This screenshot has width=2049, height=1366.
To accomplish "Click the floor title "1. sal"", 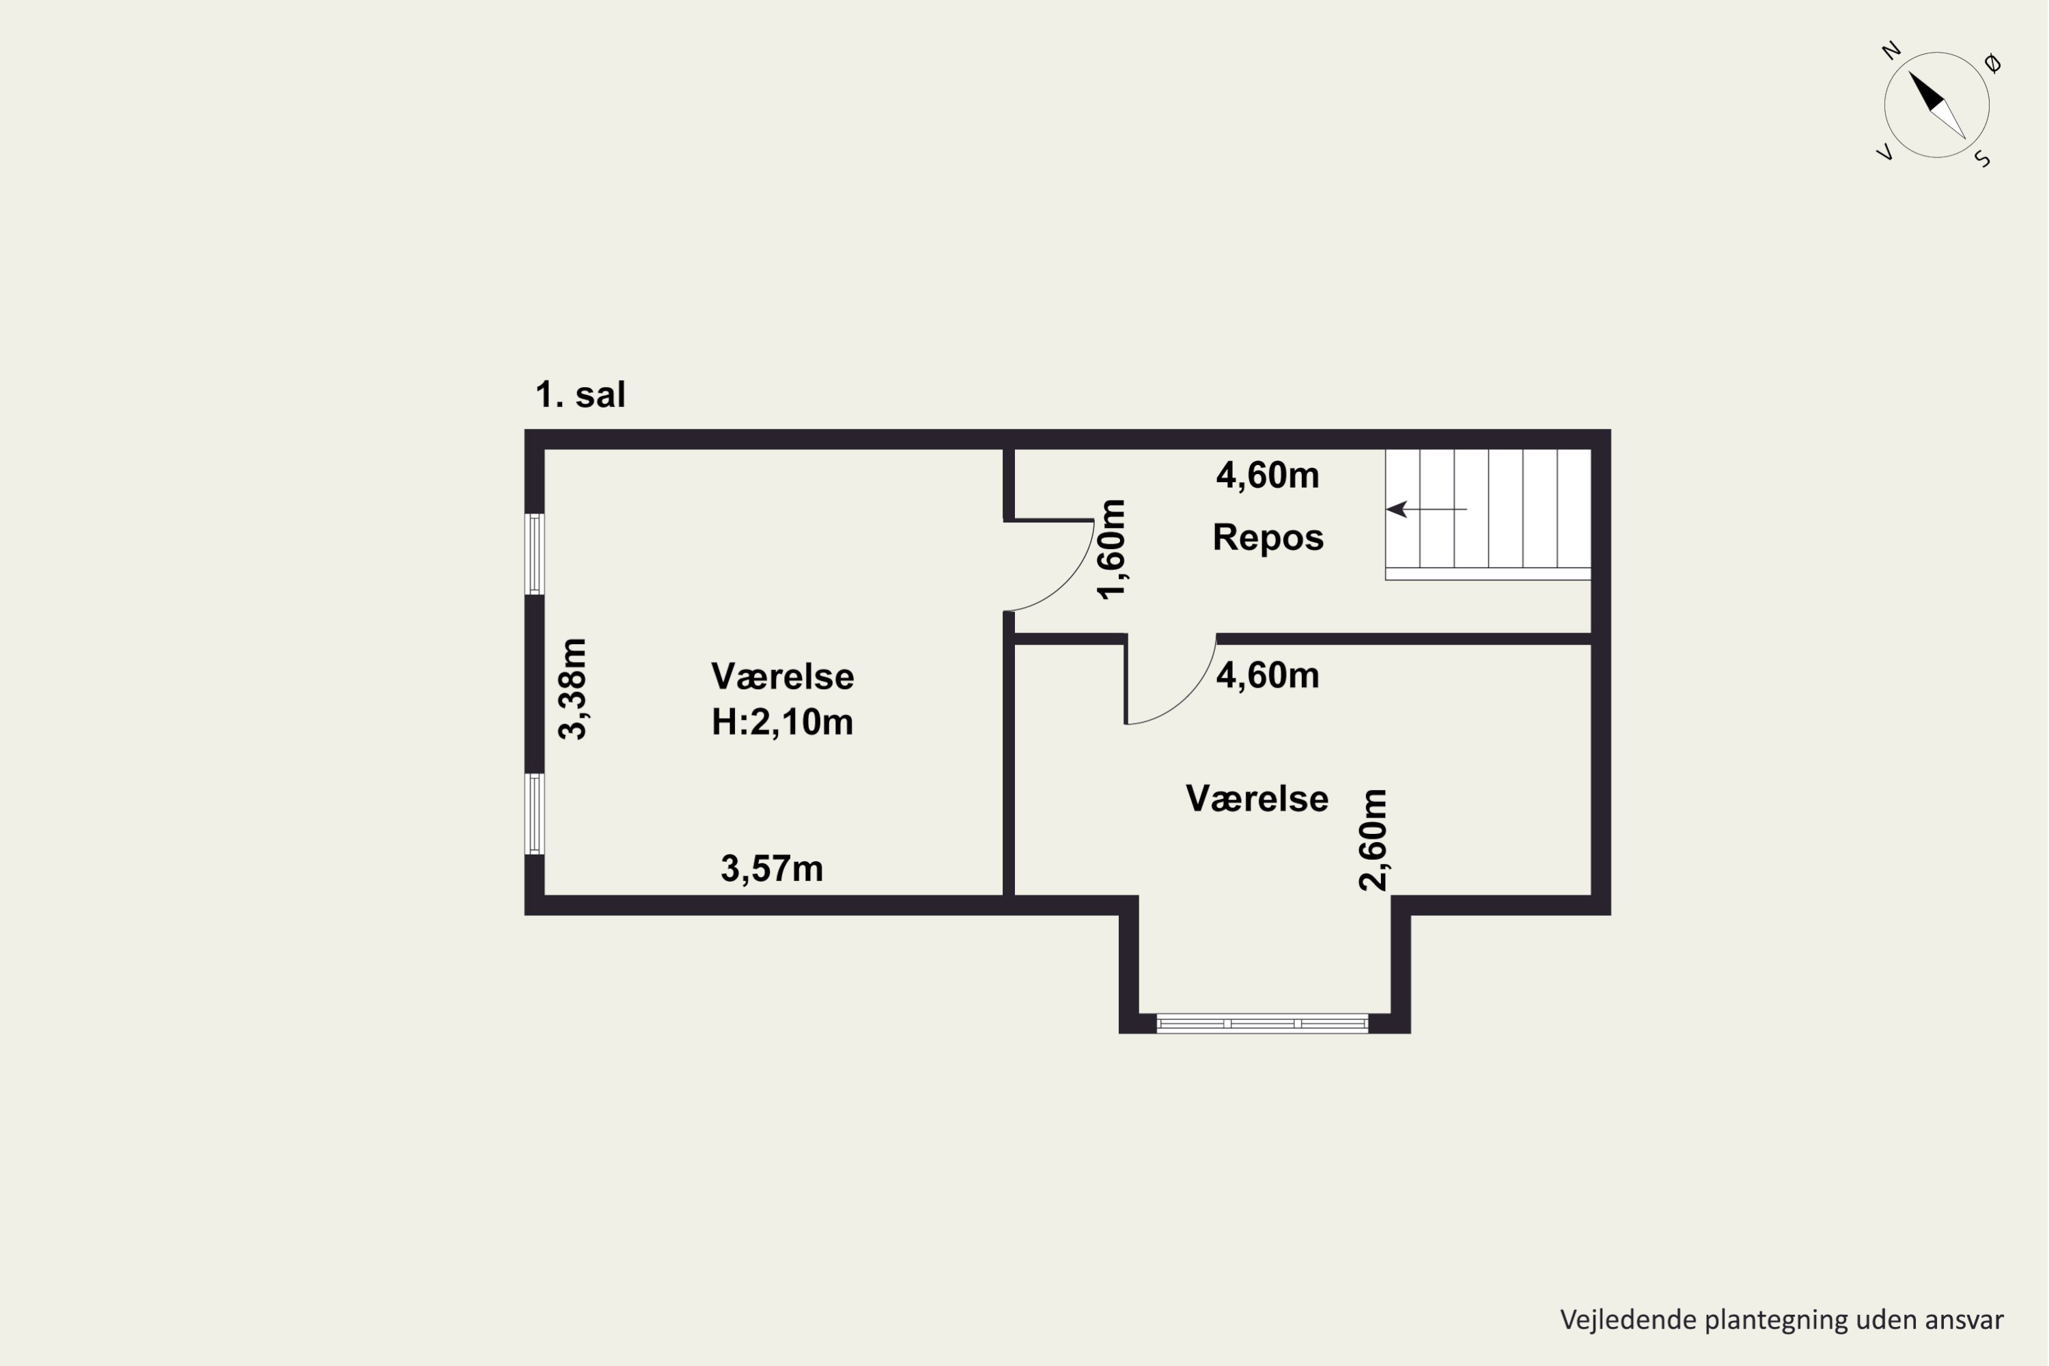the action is tap(580, 395).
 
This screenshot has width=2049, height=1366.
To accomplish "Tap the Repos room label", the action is tap(1268, 538).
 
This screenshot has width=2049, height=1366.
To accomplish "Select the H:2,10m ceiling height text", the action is tap(782, 722).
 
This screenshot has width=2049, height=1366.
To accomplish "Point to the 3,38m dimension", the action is tap(573, 689).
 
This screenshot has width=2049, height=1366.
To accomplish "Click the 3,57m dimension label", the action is tap(772, 869).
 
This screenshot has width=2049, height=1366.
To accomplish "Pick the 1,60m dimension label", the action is tap(1112, 550).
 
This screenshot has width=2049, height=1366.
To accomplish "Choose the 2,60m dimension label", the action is tap(1373, 840).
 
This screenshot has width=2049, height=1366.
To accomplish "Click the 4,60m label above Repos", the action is tap(1268, 475).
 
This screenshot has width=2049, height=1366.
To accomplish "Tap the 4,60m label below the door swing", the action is tap(1268, 676).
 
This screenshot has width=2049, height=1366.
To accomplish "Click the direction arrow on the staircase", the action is tap(1426, 509).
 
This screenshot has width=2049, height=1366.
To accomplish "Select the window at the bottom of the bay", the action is tap(1262, 1024).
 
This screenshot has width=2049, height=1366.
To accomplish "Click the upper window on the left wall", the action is tap(534, 554).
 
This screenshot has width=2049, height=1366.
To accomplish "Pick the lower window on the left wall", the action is tap(534, 813).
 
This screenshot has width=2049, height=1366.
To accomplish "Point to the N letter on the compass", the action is tap(1891, 51).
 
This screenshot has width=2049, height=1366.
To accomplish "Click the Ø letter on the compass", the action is tap(1992, 63).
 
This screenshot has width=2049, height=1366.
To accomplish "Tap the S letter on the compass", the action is tap(1983, 158).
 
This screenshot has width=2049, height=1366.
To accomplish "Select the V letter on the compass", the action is tap(1884, 152).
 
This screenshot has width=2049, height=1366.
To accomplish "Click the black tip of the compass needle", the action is tap(1910, 72).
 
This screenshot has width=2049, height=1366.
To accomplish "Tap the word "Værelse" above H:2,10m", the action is tap(782, 677).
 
